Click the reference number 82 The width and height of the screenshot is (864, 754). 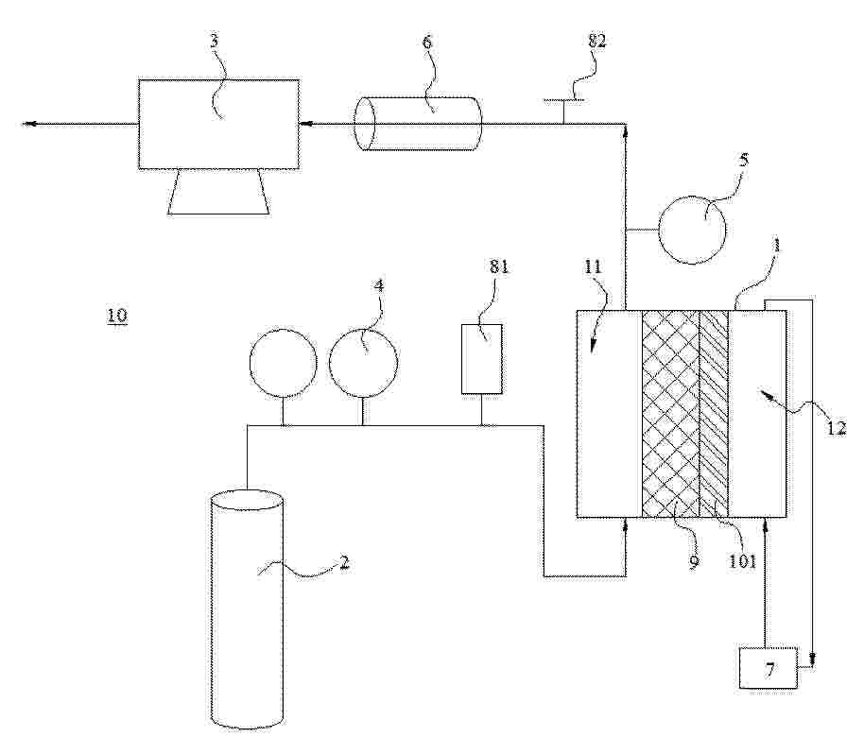click(597, 41)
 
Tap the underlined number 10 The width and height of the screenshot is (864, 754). click(117, 316)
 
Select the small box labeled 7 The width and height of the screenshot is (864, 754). click(769, 668)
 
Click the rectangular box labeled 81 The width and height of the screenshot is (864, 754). click(481, 359)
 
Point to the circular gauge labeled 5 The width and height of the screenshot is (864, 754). click(692, 231)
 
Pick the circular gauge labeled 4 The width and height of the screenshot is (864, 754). click(363, 363)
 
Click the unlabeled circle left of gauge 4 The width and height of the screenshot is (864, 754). click(284, 363)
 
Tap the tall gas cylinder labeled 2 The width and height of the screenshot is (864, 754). click(248, 609)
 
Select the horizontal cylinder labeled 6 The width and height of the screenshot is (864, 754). click(418, 124)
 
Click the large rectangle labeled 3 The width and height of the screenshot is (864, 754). click(218, 124)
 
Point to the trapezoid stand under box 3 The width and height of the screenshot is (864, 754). click(218, 191)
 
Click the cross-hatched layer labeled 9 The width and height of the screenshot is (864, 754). click(670, 414)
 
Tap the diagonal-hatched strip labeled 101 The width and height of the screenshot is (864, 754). click(714, 414)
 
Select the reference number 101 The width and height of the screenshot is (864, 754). click(743, 561)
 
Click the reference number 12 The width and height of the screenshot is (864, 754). click(836, 428)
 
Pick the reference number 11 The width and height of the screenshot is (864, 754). click(594, 267)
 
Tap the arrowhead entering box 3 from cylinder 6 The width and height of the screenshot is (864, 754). click(305, 124)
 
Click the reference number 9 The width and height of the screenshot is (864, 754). click(694, 561)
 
